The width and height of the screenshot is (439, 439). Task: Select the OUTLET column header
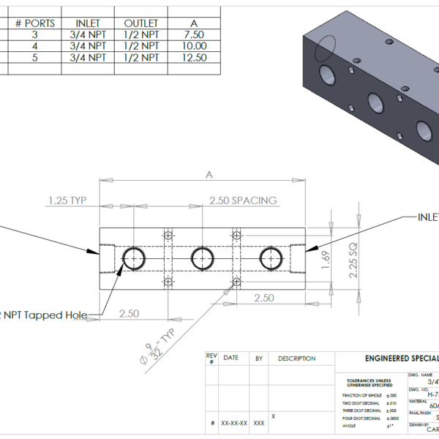point(141,23)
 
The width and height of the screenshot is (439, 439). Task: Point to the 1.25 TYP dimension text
point(73,200)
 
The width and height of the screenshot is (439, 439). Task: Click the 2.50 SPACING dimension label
point(243,200)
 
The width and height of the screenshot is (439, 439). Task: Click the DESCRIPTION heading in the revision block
point(296,359)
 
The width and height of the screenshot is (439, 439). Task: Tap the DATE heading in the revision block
point(230,359)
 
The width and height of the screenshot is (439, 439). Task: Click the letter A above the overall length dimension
point(210,176)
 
